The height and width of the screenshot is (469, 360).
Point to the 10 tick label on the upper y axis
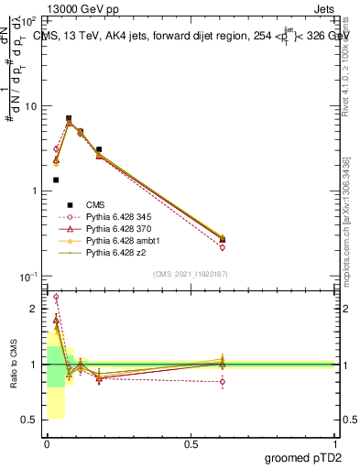(30, 106)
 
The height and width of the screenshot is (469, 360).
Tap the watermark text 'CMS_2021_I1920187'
(190, 274)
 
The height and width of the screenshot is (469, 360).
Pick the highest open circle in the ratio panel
(56, 297)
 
